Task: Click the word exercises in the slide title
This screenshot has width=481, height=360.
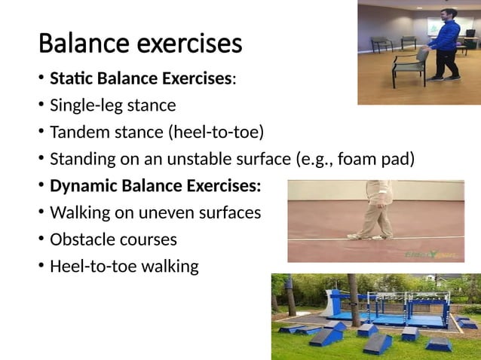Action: (x=188, y=43)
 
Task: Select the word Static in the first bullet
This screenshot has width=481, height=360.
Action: (x=70, y=78)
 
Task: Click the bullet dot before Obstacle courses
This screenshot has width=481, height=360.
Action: (x=39, y=240)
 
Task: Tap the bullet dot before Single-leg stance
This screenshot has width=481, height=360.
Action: (x=39, y=105)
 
